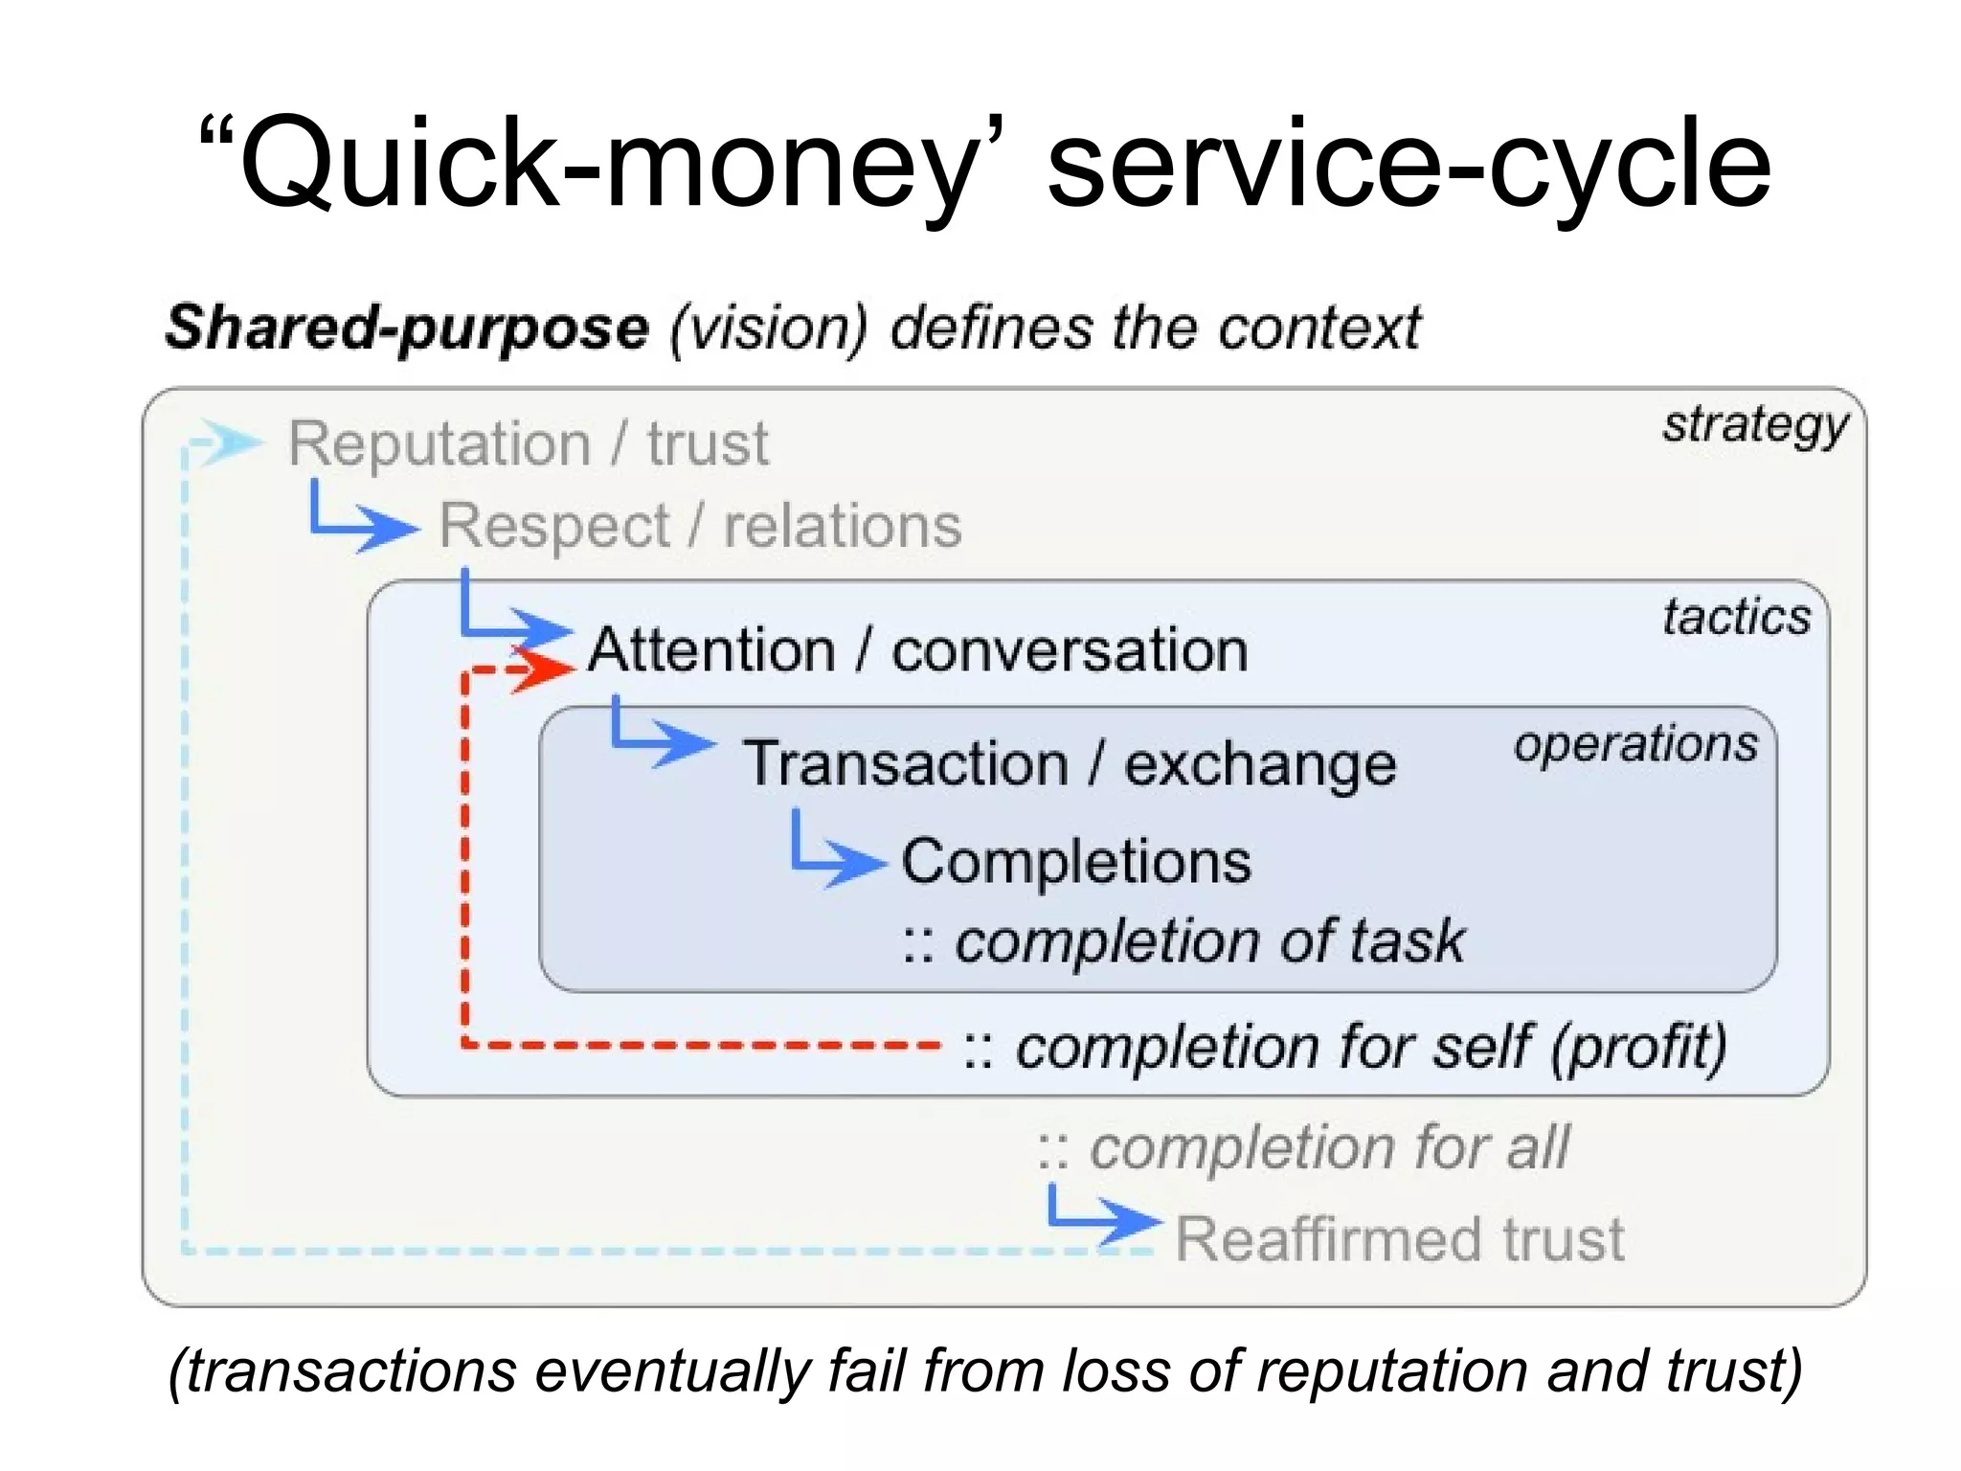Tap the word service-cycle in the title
pyautogui.click(x=1408, y=163)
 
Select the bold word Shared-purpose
pyautogui.click(x=407, y=328)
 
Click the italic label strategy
pyautogui.click(x=1754, y=425)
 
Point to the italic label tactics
pyautogui.click(x=1736, y=617)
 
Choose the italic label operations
pyautogui.click(x=1635, y=744)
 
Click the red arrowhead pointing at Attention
pyautogui.click(x=546, y=668)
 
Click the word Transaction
pyautogui.click(x=906, y=765)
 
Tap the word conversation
pyautogui.click(x=1070, y=651)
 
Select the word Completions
pyautogui.click(x=1076, y=861)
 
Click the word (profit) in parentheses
pyautogui.click(x=1638, y=1047)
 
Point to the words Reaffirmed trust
pyautogui.click(x=1400, y=1239)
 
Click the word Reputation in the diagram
pyautogui.click(x=440, y=444)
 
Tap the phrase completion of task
pyautogui.click(x=1209, y=941)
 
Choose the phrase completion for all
pyautogui.click(x=1329, y=1147)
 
